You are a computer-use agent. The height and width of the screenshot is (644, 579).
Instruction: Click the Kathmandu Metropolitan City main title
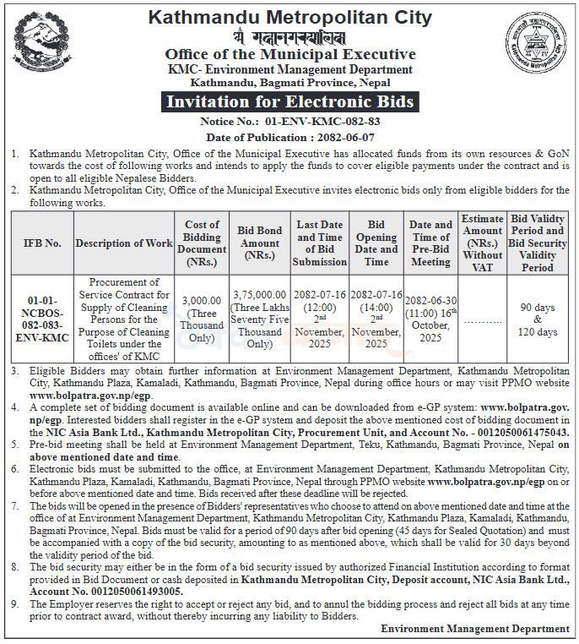pyautogui.click(x=289, y=17)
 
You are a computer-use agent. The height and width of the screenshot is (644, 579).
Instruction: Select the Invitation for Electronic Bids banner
pyautogui.click(x=289, y=102)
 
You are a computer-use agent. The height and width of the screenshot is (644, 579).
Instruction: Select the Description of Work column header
pyautogui.click(x=123, y=243)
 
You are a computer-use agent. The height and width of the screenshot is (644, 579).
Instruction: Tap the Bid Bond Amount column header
pyautogui.click(x=259, y=243)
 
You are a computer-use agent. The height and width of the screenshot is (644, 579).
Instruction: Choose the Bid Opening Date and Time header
pyautogui.click(x=376, y=243)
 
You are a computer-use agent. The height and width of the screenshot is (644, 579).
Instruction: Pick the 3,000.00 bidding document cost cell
pyautogui.click(x=202, y=314)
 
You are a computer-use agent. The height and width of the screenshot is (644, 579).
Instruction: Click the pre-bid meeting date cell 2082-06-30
pyautogui.click(x=430, y=301)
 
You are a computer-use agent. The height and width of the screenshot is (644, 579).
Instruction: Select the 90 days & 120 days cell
pyautogui.click(x=538, y=319)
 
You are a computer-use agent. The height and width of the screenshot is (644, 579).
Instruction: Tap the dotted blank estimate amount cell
pyautogui.click(x=482, y=322)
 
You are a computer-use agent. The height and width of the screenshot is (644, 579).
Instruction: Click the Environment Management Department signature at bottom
pyautogui.click(x=474, y=629)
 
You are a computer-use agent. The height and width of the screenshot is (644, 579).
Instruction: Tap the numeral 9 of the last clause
pyautogui.click(x=15, y=605)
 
